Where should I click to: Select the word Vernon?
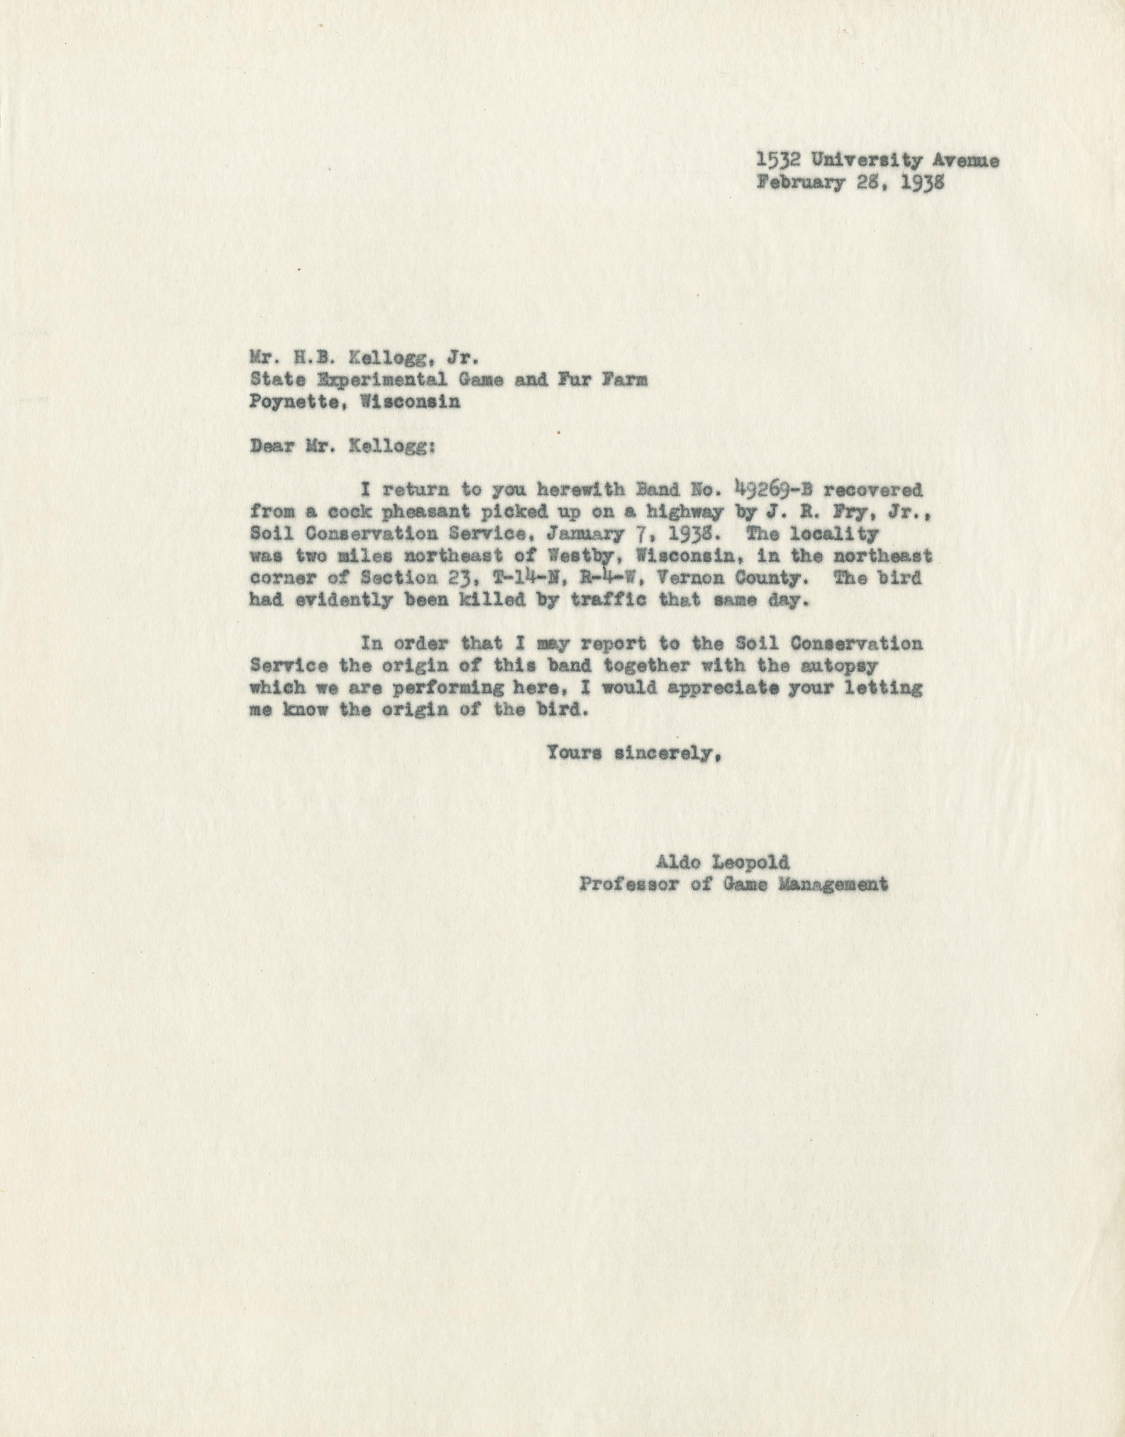(681, 578)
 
